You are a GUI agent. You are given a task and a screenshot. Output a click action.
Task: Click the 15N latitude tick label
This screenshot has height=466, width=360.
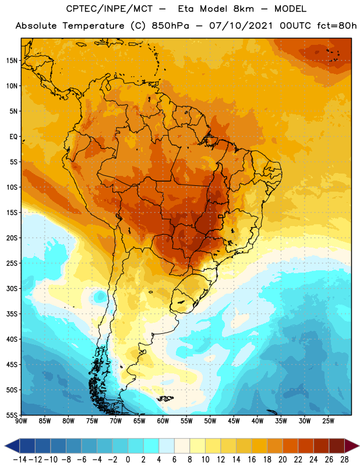[12, 61]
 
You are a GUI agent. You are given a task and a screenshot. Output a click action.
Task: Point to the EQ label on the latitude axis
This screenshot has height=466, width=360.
[13, 137]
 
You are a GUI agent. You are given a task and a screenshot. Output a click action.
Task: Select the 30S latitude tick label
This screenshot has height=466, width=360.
[12, 288]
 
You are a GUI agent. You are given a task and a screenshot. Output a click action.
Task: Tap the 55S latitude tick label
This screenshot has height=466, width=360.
[12, 415]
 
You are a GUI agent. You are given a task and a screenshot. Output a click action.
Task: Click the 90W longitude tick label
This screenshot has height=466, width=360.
[21, 421]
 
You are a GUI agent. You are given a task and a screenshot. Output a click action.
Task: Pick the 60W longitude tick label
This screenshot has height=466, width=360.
[163, 421]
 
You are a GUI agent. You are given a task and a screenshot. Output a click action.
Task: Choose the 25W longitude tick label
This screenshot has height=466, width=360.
[328, 421]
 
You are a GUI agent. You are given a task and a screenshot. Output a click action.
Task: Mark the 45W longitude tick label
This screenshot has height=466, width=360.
[234, 421]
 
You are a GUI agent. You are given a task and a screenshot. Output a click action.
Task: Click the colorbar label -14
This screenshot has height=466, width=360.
[20, 460]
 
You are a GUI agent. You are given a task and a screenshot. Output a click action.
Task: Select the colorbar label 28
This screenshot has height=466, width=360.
[344, 460]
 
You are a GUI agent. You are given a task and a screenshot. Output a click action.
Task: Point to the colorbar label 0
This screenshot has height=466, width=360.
[128, 460]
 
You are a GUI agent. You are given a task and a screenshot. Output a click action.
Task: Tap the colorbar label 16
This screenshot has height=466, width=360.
[252, 460]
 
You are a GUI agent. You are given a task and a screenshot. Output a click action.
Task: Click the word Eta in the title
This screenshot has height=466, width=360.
[186, 9]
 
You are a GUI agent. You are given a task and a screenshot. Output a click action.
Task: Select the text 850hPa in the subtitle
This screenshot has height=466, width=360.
[170, 26]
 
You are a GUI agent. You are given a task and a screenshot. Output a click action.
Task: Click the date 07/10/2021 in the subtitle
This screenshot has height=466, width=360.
[241, 26]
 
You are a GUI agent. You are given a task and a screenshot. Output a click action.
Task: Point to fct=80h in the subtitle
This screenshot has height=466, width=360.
[337, 26]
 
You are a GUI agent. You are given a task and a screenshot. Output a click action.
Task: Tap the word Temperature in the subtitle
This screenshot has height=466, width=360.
[93, 26]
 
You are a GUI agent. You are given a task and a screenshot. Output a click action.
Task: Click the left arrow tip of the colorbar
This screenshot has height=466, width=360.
[5, 446]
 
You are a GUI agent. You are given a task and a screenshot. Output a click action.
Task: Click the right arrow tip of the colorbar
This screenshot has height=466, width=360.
[359, 446]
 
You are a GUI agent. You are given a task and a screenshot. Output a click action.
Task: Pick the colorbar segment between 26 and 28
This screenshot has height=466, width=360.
[337, 446]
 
